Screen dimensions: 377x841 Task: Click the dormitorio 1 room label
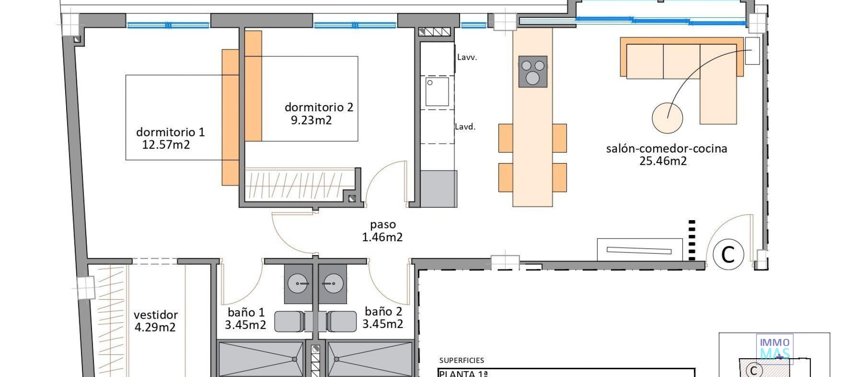pos(170,132)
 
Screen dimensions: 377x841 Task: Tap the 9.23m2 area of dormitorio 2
pos(311,120)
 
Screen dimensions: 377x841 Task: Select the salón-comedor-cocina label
pos(666,149)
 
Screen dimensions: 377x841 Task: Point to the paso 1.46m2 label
pos(382,231)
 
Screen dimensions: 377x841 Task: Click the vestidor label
pos(155,315)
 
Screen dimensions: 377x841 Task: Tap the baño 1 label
pos(246,313)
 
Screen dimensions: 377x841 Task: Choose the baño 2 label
pos(383,312)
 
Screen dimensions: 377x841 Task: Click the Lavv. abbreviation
pos(466,57)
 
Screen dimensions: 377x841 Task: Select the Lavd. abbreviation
pos(465,127)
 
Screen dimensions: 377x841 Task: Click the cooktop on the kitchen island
pos(533,71)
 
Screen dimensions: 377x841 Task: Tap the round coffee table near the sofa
pos(667,118)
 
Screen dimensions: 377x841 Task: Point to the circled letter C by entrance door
pos(728,254)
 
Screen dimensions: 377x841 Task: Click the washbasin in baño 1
pos(298,285)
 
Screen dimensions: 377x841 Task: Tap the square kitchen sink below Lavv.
pos(437,91)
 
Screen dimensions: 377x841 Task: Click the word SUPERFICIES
pos(462,360)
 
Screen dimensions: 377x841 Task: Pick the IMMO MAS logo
pos(774,349)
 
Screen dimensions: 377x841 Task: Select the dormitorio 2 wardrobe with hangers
pos(298,184)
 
